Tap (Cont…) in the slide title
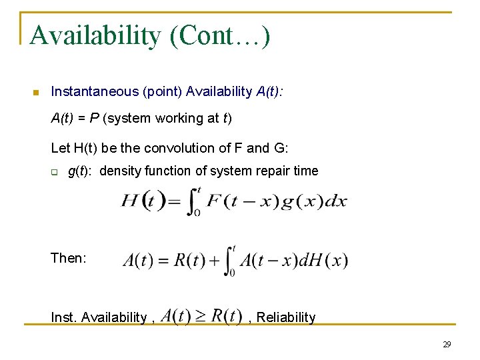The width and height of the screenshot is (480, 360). (x=220, y=35)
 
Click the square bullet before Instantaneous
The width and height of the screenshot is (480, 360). (x=36, y=92)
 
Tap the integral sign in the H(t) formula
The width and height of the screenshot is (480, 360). (x=193, y=201)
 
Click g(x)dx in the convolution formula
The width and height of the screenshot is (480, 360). (x=313, y=201)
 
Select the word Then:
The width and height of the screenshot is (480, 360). (x=69, y=258)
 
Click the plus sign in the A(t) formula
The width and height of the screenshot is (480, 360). (x=215, y=261)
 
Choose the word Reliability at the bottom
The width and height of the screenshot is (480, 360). (x=286, y=317)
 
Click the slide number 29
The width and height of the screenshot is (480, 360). (x=447, y=345)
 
